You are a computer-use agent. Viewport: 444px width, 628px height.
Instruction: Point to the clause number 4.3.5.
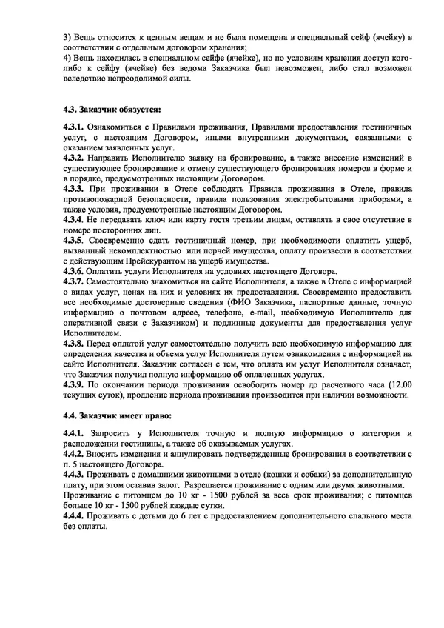(x=74, y=241)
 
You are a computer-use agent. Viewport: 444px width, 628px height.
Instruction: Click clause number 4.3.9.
(x=74, y=385)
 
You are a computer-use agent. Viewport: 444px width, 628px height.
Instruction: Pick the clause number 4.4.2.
(x=74, y=450)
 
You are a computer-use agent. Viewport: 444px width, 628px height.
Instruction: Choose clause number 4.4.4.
(x=74, y=515)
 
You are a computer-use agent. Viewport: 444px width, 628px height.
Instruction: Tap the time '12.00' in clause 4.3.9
(x=395, y=385)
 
